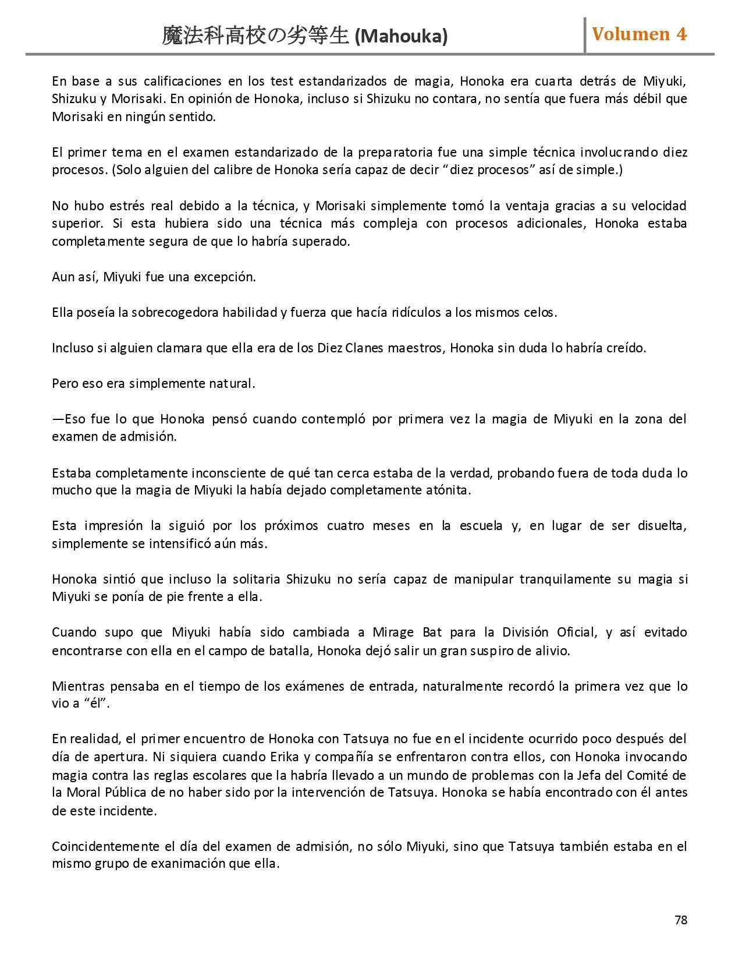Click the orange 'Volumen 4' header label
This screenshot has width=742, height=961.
(639, 34)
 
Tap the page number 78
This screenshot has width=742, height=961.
(680, 920)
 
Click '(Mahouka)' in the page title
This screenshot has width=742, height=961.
(401, 37)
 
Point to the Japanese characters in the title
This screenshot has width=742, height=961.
(255, 36)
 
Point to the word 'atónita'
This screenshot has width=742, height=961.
(448, 490)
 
